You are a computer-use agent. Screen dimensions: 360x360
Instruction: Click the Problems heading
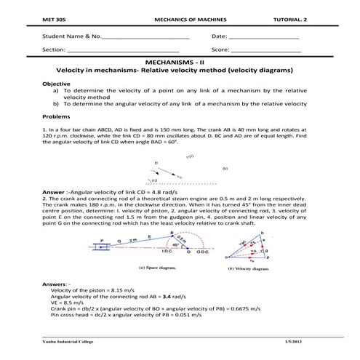pos(57,116)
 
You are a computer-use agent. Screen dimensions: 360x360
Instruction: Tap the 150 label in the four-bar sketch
pos(190,156)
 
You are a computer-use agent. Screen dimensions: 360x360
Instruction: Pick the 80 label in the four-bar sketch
pos(225,168)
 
